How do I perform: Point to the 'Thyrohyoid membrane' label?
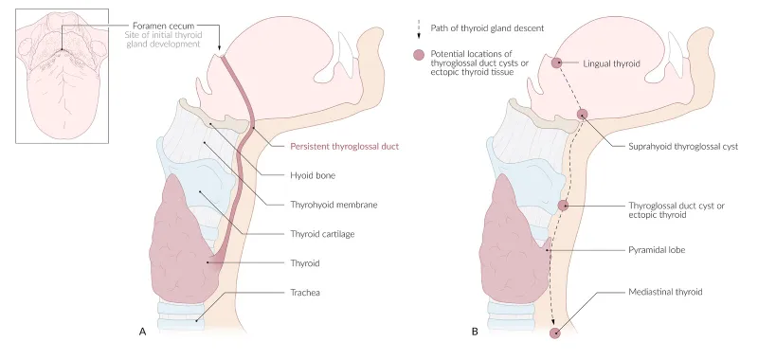pos(327,204)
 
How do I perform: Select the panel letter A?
pos(142,333)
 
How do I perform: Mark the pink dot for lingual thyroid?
pos(558,63)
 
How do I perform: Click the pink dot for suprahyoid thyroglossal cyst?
pos(583,115)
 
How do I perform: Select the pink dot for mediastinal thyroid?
pos(555,333)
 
